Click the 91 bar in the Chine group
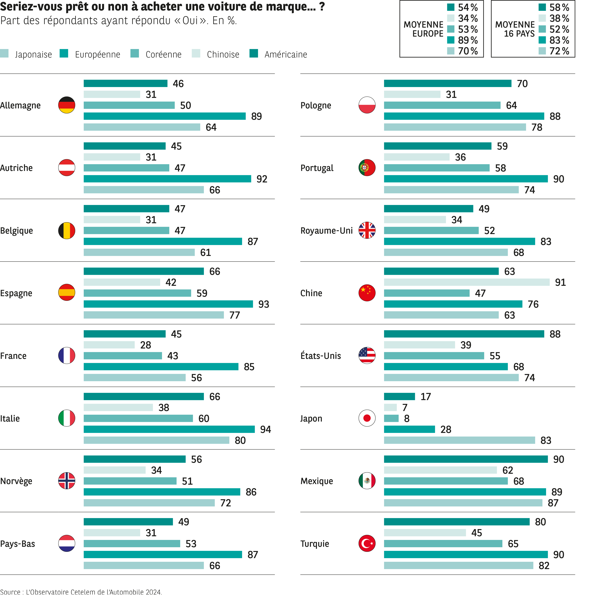pyautogui.click(x=466, y=282)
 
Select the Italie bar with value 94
pyautogui.click(x=169, y=429)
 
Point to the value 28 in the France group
pyautogui.click(x=146, y=345)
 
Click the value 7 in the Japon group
pyautogui.click(x=405, y=408)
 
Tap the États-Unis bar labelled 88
pyautogui.click(x=464, y=334)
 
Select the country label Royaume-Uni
pyautogui.click(x=326, y=230)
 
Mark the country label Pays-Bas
pyautogui.click(x=18, y=544)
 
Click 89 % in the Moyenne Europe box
pyautogui.click(x=468, y=40)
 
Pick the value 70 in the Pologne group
pyautogui.click(x=522, y=84)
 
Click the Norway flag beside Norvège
pyautogui.click(x=67, y=481)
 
